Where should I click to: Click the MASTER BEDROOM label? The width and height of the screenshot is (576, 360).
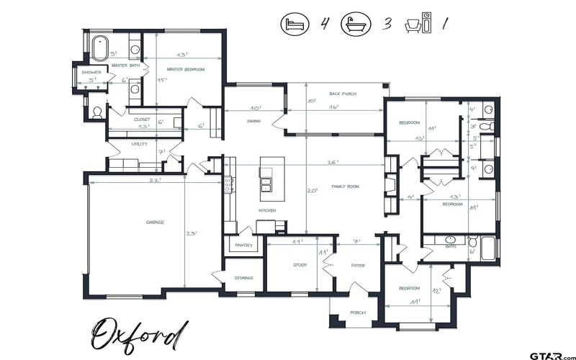click(x=186, y=69)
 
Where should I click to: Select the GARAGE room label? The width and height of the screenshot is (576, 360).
click(x=154, y=222)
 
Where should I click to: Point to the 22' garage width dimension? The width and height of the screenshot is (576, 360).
click(x=154, y=181)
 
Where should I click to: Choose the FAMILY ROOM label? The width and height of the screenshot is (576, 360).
click(x=345, y=186)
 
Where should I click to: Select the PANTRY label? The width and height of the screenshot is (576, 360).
click(x=243, y=246)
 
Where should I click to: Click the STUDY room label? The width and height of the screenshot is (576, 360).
click(x=300, y=265)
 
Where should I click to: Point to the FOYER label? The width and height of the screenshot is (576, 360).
click(x=358, y=265)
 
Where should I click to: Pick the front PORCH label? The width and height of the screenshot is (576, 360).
click(x=358, y=312)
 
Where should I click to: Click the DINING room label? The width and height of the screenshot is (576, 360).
click(x=253, y=121)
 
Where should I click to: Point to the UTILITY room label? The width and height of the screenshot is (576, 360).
click(x=139, y=144)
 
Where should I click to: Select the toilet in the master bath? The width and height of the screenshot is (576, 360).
click(x=98, y=112)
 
